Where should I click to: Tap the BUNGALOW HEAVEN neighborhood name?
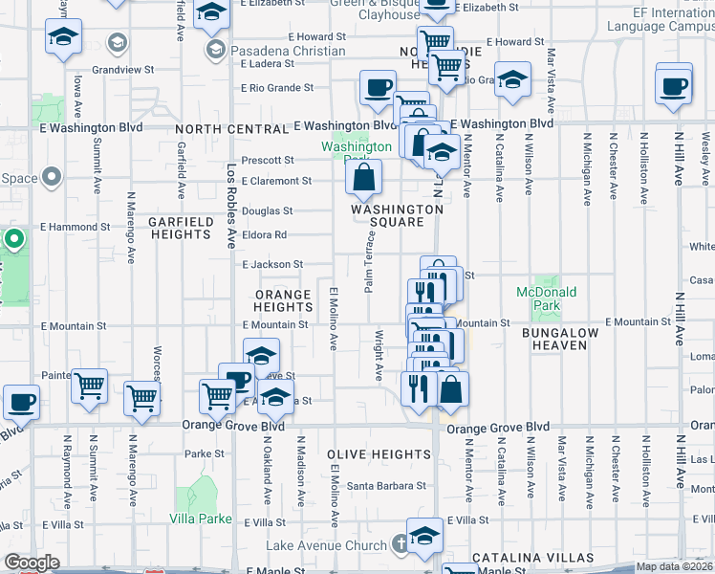(560, 339)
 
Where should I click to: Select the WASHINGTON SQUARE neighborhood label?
(397, 215)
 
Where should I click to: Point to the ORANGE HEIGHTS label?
(283, 300)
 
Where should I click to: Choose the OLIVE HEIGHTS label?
(379, 453)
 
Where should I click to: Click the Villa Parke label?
(201, 519)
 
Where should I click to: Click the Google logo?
(32, 563)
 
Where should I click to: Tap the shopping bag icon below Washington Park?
(364, 177)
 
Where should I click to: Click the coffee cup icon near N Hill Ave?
(674, 84)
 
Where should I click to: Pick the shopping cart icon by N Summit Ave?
(89, 387)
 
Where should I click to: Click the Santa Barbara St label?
(386, 485)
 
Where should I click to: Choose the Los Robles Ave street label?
(230, 191)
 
